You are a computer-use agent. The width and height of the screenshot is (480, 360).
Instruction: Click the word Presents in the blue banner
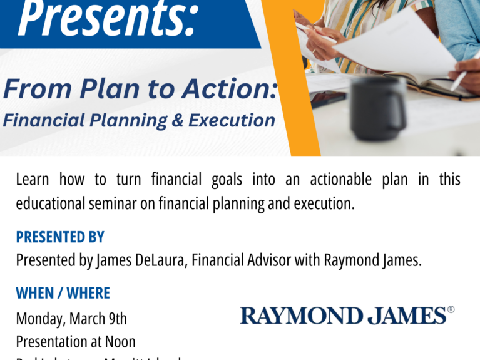106,19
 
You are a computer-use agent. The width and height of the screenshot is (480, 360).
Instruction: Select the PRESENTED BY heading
60,237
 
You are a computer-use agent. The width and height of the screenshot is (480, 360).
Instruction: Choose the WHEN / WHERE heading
63,293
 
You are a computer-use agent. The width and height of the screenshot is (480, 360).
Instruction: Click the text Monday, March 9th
71,318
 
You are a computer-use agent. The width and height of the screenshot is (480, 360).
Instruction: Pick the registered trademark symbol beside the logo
451,309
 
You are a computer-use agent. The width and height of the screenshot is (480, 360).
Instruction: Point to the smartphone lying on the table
327,98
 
